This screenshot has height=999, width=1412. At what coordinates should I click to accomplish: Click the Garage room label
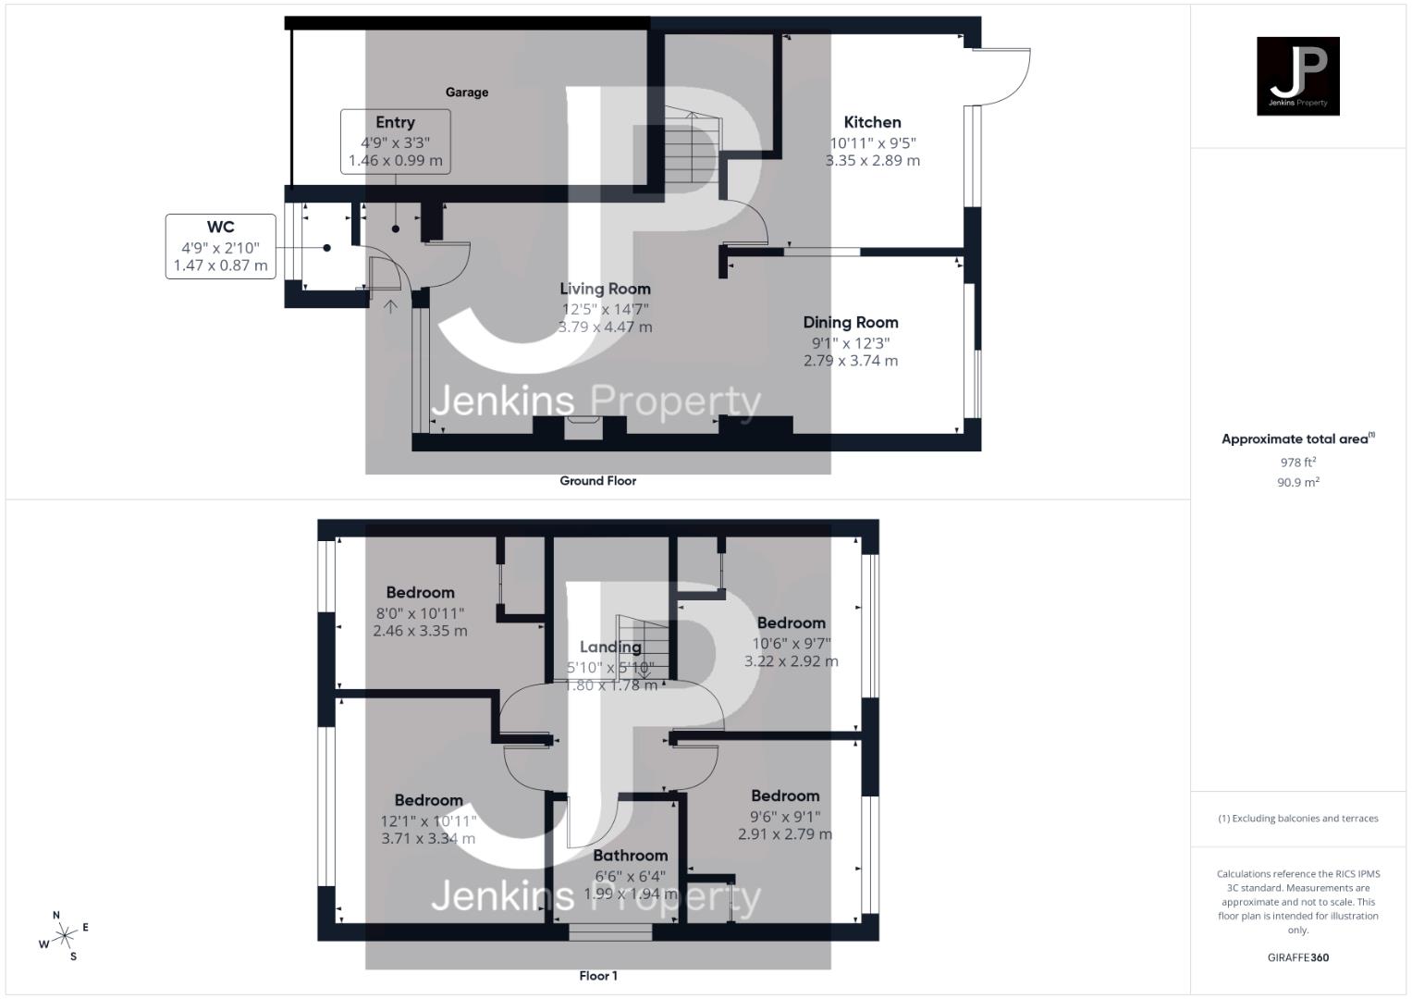tap(466, 92)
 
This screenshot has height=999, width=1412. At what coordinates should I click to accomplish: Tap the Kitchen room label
tap(872, 122)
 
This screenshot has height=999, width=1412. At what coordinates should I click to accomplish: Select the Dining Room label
tap(850, 323)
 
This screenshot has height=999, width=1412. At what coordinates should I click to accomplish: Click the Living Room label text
tap(605, 289)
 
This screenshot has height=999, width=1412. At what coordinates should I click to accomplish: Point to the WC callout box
tap(220, 246)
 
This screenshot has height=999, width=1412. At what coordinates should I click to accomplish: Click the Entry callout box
tap(395, 141)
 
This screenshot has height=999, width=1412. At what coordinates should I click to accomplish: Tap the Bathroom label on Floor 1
tap(630, 856)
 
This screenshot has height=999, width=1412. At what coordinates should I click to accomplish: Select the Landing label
tap(610, 647)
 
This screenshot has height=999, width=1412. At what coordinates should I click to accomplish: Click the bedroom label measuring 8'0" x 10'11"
tap(420, 593)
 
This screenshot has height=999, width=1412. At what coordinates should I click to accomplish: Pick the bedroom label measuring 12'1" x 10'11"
tap(428, 801)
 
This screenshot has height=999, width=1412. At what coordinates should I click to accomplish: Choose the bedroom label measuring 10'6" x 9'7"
tap(791, 623)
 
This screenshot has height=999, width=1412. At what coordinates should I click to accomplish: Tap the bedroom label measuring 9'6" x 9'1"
tap(785, 796)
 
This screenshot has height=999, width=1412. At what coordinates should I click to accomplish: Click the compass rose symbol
tap(65, 936)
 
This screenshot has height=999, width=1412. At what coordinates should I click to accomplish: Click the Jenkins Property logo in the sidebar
tap(1297, 76)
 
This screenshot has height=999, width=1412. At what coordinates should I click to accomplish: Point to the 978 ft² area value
tap(1297, 462)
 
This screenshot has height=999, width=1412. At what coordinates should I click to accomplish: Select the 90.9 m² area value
tap(1297, 482)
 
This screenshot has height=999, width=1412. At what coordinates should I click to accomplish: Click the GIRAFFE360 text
tap(1297, 957)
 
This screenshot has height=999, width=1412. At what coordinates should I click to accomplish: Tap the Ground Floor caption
tap(597, 481)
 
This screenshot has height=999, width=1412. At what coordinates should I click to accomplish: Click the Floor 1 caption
tap(597, 976)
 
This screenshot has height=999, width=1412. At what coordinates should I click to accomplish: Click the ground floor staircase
tap(691, 151)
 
